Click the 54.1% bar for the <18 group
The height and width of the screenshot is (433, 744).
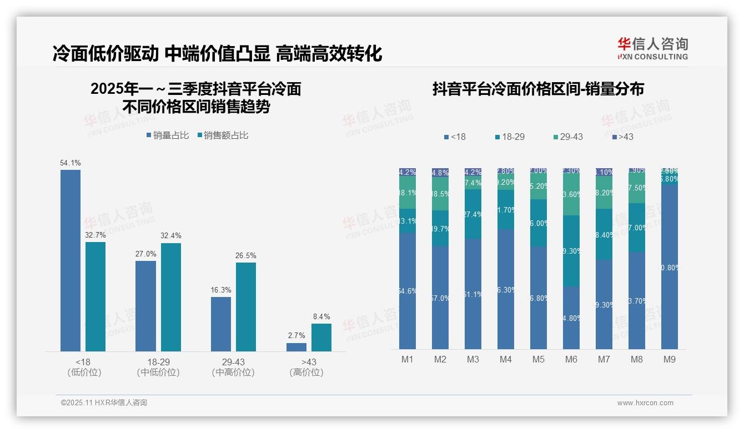(71, 260)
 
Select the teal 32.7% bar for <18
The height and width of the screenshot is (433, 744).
(95, 296)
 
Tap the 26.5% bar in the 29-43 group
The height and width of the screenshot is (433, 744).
(246, 306)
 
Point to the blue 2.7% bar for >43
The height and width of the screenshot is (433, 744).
(296, 347)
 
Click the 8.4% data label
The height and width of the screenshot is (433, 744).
(321, 316)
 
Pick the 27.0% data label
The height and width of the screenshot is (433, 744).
(145, 254)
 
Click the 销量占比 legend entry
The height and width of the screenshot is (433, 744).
(167, 135)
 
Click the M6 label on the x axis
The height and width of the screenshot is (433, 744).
(571, 359)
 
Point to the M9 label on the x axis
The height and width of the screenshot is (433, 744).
(670, 359)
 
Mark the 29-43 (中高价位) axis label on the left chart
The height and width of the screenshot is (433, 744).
(233, 367)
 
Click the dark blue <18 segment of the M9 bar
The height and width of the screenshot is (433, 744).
(670, 266)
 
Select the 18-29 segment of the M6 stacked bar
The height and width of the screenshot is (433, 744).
(571, 251)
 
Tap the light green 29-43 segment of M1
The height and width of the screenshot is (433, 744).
(408, 193)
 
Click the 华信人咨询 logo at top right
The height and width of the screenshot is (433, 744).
(652, 48)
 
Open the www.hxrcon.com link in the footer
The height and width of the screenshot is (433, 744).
(645, 403)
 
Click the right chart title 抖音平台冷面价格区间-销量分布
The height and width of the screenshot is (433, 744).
(538, 89)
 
